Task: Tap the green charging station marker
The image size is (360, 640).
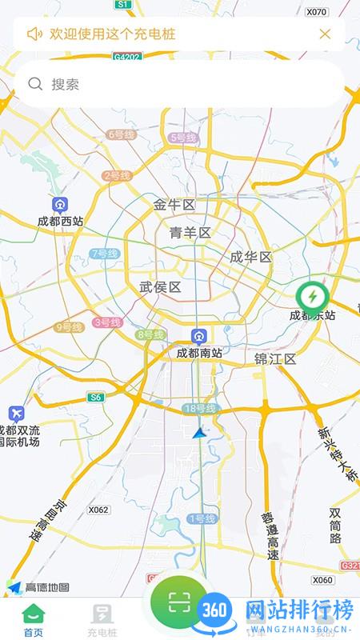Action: [x=312, y=296]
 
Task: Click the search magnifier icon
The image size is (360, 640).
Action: [x=35, y=84]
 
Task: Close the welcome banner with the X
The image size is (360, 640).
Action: [x=325, y=34]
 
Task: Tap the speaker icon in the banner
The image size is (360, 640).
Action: [x=34, y=34]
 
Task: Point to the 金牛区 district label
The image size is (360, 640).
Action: [x=174, y=206]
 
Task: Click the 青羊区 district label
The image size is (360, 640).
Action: [x=190, y=233]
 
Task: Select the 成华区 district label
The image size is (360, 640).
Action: [x=251, y=257]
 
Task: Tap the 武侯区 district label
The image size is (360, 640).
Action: [x=160, y=287]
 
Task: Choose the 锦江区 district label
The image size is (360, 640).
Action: [x=275, y=358]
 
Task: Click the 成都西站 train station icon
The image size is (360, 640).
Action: [x=60, y=204]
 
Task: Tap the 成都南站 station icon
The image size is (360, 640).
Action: [x=198, y=336]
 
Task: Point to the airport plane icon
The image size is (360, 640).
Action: [x=17, y=414]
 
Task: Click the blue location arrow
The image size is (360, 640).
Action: [x=199, y=433]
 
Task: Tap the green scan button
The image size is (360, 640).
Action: [x=178, y=602]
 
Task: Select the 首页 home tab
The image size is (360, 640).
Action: [x=34, y=620]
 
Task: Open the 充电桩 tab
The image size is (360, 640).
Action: [x=102, y=620]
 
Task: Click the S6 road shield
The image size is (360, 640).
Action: [x=96, y=397]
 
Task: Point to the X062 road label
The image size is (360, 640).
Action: [x=98, y=510]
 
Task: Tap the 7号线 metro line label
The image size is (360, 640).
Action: [x=104, y=254]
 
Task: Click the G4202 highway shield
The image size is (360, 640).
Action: [x=126, y=58]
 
